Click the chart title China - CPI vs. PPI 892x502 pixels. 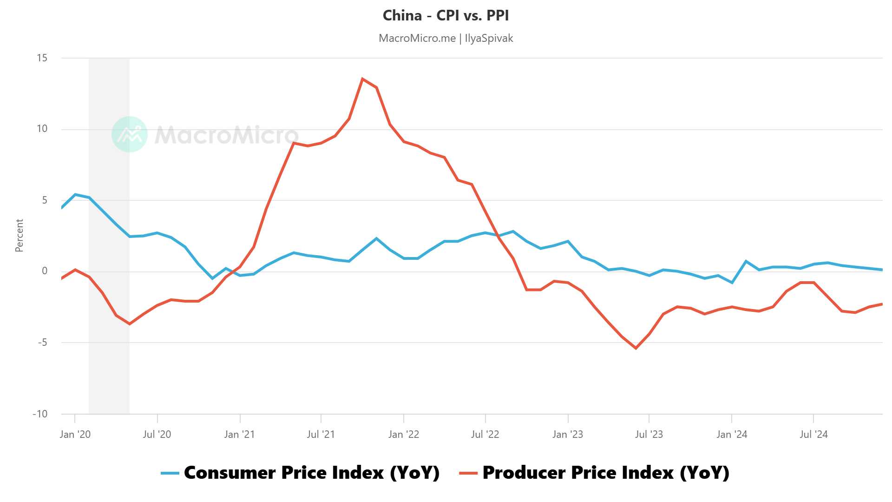pos(446,16)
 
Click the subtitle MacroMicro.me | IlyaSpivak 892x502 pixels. pos(446,38)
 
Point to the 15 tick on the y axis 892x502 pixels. pos(42,58)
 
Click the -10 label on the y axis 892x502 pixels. pos(40,414)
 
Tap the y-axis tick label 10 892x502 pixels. pos(42,129)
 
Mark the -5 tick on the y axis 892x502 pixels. pos(42,343)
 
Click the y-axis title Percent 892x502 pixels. pos(19,236)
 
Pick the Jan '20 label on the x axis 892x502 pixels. pos(75,435)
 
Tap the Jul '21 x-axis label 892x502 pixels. pos(321,435)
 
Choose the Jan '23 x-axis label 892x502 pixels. pos(567,435)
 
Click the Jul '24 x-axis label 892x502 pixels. pos(813,435)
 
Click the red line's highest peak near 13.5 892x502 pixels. pos(362,79)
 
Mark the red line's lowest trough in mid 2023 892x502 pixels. pos(636,348)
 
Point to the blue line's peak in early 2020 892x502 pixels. pos(75,194)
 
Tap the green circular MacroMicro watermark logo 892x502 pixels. pos(130,134)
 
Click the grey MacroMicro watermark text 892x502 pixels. pos(226,135)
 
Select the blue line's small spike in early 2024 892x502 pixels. pos(746,261)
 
